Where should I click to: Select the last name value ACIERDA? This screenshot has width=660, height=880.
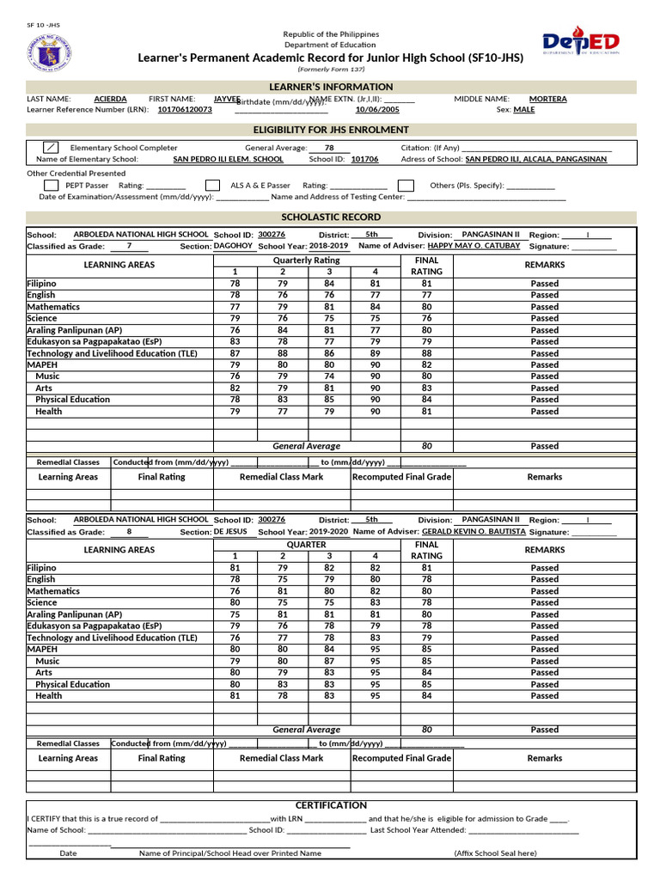[110, 100]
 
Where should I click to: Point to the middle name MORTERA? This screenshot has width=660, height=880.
[547, 100]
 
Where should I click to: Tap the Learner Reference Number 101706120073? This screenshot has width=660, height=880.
[185, 111]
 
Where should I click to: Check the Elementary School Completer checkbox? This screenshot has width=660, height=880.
[52, 148]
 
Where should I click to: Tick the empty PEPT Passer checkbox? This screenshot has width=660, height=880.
[52, 186]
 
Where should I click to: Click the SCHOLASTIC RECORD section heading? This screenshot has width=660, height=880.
[331, 217]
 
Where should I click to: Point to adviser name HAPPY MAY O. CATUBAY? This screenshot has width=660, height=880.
[474, 246]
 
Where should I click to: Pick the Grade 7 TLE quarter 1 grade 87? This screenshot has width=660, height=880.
[235, 353]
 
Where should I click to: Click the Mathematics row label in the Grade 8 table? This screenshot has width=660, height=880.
[53, 591]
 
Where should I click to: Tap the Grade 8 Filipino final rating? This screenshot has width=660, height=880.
[426, 568]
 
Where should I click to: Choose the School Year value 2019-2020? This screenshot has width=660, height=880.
[329, 532]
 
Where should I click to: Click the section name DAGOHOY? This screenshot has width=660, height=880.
[233, 246]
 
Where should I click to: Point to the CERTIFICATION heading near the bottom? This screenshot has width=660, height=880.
[331, 805]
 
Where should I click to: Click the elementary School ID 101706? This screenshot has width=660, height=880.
[364, 160]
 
